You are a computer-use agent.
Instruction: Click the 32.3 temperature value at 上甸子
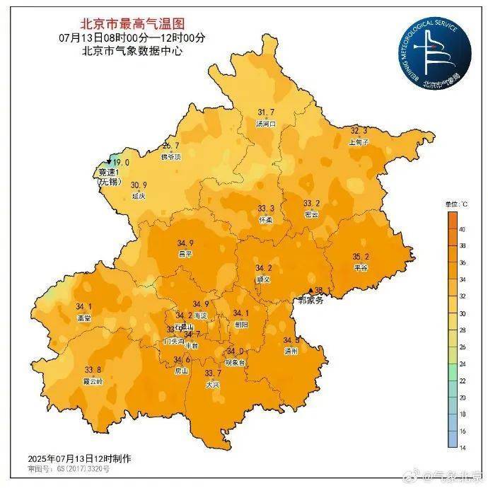click(x=360, y=132)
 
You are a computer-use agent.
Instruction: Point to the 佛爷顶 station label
click(x=170, y=157)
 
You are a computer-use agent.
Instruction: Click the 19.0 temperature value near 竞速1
click(x=121, y=162)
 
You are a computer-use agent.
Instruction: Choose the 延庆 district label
click(x=139, y=196)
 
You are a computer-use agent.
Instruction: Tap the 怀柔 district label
click(x=266, y=220)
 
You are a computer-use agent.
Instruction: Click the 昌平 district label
click(x=184, y=254)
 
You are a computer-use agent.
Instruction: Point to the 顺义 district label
click(x=264, y=279)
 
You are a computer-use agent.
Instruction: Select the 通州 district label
click(x=291, y=351)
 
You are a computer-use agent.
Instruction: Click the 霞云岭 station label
click(x=93, y=380)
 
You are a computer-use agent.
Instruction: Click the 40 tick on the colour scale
click(x=463, y=230)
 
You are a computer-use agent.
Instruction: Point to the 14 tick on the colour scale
click(x=463, y=447)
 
